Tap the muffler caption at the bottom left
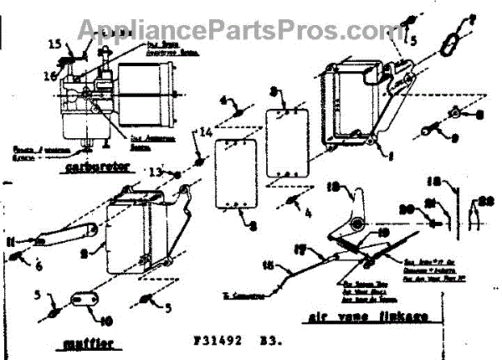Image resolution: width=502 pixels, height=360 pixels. click(87, 343)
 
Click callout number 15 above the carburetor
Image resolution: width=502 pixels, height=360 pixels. click(54, 44)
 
